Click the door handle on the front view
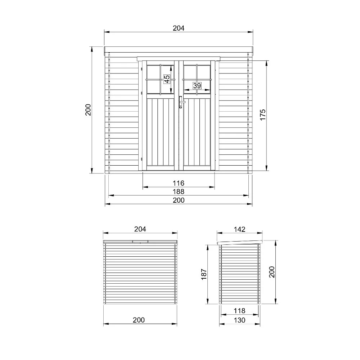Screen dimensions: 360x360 181,102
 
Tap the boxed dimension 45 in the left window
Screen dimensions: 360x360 167,79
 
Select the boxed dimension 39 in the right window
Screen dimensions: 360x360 197,86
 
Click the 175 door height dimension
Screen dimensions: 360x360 263,115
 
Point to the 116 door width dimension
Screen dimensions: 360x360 179,183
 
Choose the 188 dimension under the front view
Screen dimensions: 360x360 179,192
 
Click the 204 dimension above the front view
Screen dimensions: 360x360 179,28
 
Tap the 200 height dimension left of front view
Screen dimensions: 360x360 88,110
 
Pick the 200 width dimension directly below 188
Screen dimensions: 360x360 179,200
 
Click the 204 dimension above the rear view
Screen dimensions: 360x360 140,229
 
